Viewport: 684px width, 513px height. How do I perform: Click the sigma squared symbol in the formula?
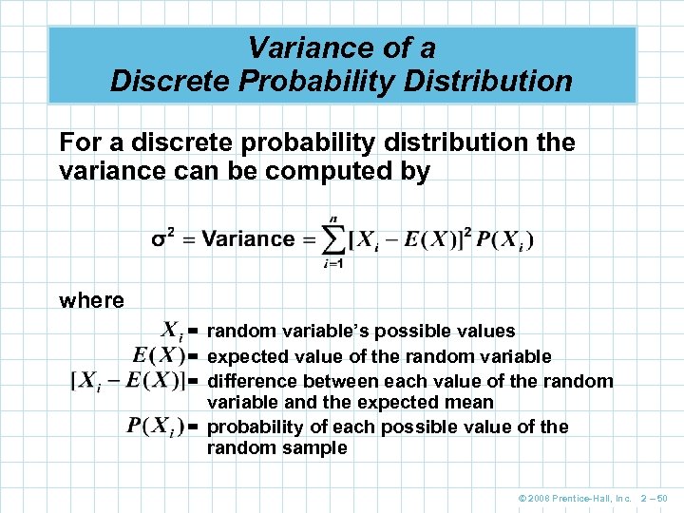click(x=162, y=238)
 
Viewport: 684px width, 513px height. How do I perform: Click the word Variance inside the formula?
click(x=248, y=239)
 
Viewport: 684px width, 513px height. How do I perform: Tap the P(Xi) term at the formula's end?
click(x=505, y=239)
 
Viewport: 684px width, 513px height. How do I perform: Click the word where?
click(x=91, y=300)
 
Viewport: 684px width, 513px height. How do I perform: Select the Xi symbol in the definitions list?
click(x=171, y=332)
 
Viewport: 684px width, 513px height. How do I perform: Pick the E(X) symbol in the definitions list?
click(x=158, y=356)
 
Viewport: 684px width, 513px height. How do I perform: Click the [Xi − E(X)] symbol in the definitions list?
click(x=127, y=381)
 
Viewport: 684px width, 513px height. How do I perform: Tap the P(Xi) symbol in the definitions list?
click(x=155, y=426)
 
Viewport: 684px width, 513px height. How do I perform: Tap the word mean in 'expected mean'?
click(x=473, y=403)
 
